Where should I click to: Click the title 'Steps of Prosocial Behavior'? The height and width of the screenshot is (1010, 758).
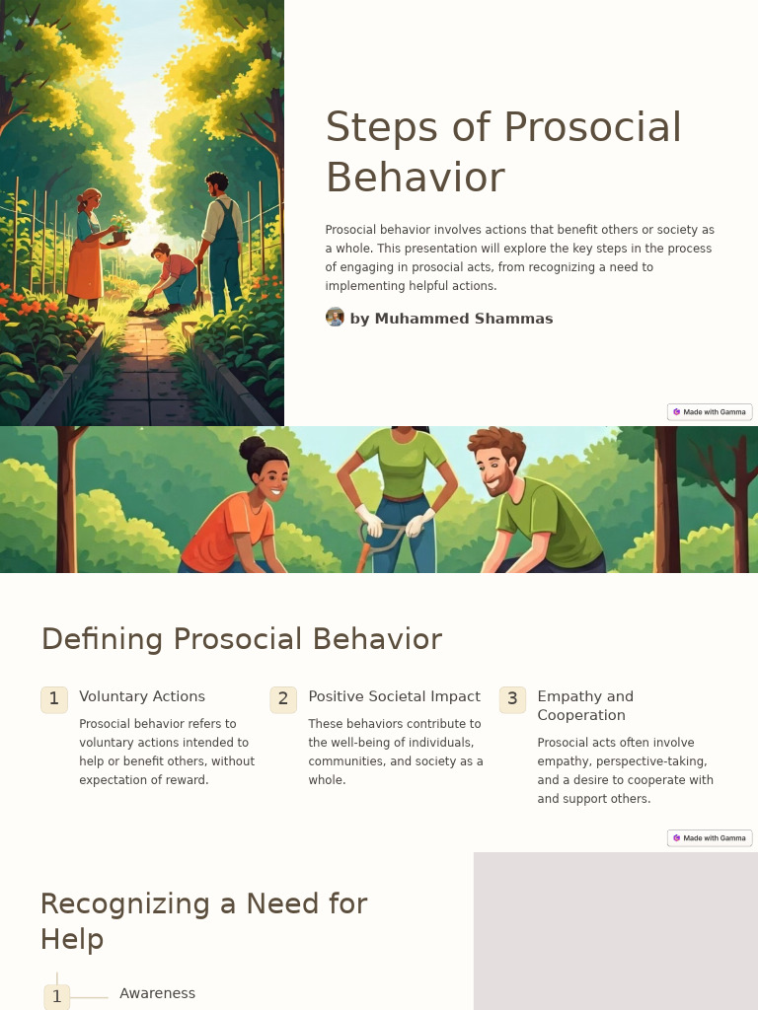(x=503, y=153)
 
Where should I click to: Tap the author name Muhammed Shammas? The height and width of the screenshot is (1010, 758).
(x=451, y=319)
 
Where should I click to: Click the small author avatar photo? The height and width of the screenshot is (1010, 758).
(x=335, y=318)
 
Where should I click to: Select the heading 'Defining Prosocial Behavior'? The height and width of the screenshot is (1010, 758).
(x=241, y=639)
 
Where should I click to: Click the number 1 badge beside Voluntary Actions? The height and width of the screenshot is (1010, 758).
(x=54, y=699)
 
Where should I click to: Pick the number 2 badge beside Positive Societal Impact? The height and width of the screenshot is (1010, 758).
(x=283, y=699)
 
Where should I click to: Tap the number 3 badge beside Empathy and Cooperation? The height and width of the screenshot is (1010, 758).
(x=512, y=699)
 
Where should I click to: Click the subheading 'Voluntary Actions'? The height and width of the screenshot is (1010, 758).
(x=142, y=696)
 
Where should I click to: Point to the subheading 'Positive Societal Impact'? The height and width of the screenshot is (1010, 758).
(x=394, y=696)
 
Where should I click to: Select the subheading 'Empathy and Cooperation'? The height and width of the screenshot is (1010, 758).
(x=585, y=705)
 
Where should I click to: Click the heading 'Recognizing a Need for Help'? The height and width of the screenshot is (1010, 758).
(x=203, y=921)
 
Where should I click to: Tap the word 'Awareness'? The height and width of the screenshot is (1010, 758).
(x=157, y=993)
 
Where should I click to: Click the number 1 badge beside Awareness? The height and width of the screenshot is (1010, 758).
(x=56, y=997)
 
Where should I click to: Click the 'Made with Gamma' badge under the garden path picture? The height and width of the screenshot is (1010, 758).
(x=710, y=411)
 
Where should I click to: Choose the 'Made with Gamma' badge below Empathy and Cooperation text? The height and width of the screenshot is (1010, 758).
(x=710, y=837)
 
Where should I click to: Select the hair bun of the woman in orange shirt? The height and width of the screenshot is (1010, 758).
(x=253, y=449)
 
